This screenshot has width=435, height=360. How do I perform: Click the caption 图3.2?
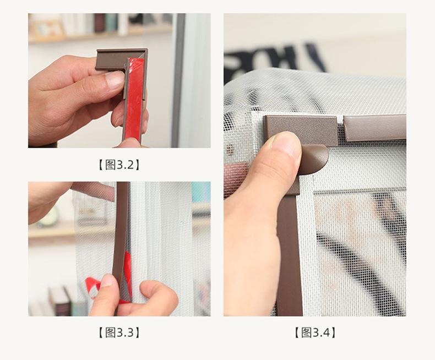click(x=119, y=165)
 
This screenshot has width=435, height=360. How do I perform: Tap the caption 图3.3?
click(x=119, y=332)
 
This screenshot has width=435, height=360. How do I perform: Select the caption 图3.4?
click(x=315, y=332)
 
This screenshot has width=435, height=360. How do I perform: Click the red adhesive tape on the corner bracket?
click(x=135, y=99)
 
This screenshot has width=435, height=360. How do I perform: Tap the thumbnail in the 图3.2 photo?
click(x=115, y=80)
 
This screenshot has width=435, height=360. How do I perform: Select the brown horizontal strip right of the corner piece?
click(x=375, y=128)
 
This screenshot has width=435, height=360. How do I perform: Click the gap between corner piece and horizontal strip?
click(x=341, y=125)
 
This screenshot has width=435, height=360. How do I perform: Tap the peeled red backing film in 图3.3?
click(x=93, y=286)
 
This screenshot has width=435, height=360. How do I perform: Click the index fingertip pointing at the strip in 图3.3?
click(x=110, y=191)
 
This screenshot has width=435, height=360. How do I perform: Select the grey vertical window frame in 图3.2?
click(x=178, y=80)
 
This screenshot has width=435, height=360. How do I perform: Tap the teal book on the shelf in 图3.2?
click(x=111, y=23)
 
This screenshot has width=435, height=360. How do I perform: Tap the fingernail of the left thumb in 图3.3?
click(x=107, y=280)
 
